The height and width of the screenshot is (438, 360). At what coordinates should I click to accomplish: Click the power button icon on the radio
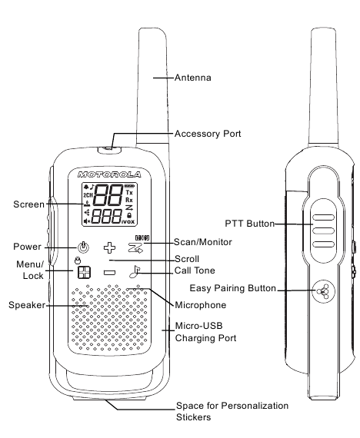83,247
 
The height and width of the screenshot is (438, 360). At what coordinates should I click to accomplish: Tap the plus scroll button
109,247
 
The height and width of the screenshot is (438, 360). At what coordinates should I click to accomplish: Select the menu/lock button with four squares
84,272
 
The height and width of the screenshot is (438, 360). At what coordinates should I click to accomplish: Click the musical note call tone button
135,271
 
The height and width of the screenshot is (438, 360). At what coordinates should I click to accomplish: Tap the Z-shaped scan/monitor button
135,247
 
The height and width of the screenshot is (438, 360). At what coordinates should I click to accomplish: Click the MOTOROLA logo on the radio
109,175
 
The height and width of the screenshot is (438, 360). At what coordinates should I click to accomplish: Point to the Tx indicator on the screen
129,192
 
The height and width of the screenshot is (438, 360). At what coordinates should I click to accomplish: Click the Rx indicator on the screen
129,200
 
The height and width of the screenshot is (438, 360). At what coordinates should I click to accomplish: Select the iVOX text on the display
128,221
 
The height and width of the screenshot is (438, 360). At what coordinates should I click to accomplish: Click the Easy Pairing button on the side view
323,291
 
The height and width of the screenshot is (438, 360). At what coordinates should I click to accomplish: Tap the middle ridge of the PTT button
323,231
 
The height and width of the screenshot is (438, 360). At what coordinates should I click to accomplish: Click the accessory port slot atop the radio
109,150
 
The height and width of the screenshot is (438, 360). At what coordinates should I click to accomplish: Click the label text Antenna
193,78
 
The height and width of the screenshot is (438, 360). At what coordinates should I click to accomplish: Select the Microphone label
200,305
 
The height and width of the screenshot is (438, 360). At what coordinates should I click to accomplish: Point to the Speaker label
27,305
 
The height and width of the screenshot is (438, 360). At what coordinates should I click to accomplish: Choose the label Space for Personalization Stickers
232,411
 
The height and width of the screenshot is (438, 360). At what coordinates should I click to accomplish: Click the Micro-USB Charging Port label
205,332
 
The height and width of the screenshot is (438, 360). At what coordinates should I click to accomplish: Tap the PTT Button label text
249,224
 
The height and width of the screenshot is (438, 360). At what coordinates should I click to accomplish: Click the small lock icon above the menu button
78,260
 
